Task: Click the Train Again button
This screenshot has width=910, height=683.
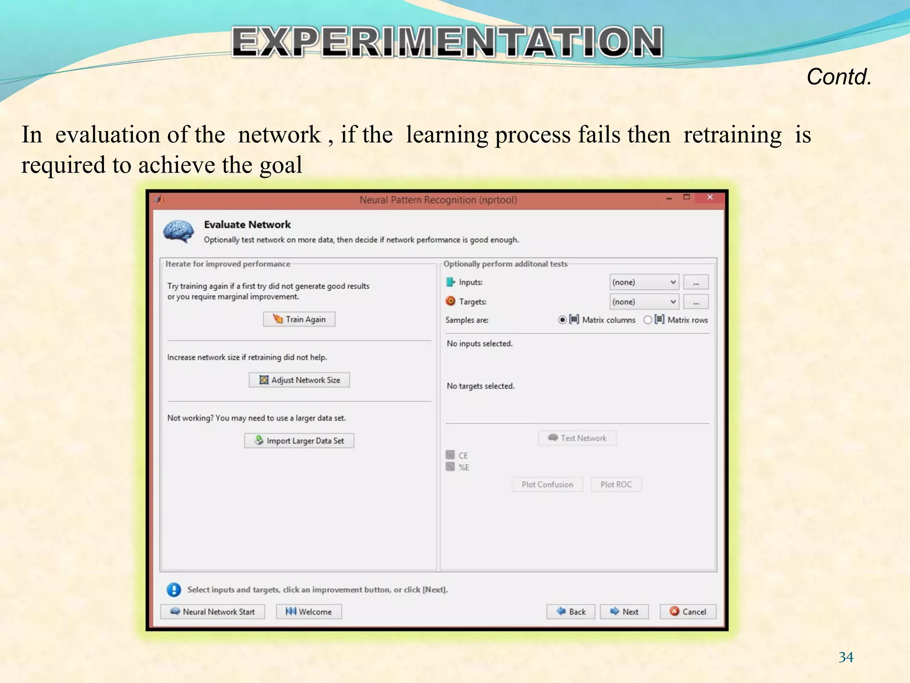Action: pyautogui.click(x=299, y=319)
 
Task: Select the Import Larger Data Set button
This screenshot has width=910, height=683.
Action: pyautogui.click(x=299, y=441)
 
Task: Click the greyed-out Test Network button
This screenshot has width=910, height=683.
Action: pyautogui.click(x=577, y=438)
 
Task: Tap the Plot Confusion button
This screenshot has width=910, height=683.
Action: pyautogui.click(x=547, y=485)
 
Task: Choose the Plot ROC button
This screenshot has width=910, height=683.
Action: pyautogui.click(x=616, y=485)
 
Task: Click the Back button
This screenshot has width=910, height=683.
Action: pyautogui.click(x=571, y=612)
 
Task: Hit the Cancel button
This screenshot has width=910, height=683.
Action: pyautogui.click(x=688, y=612)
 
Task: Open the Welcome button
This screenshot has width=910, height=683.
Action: pyautogui.click(x=309, y=612)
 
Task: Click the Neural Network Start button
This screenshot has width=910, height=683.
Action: pyautogui.click(x=212, y=612)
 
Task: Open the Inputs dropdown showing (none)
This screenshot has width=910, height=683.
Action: pyautogui.click(x=644, y=282)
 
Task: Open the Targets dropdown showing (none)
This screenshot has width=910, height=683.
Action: pyautogui.click(x=644, y=302)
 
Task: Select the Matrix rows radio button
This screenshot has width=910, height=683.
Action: pyautogui.click(x=648, y=320)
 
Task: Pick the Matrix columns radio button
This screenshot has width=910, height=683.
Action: pyautogui.click(x=563, y=320)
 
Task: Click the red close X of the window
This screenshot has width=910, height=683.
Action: pyautogui.click(x=710, y=197)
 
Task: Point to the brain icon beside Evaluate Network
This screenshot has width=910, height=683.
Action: pyautogui.click(x=179, y=232)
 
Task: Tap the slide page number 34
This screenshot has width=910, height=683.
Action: pyautogui.click(x=846, y=657)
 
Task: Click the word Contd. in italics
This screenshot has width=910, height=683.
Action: pyautogui.click(x=839, y=77)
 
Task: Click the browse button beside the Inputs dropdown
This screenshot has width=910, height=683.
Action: pyautogui.click(x=696, y=282)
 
